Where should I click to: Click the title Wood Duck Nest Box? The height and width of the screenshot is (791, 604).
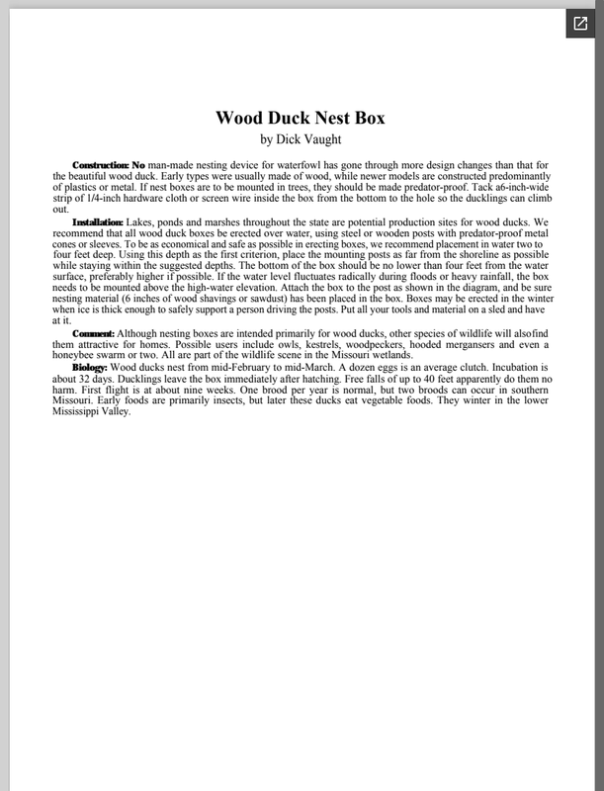pyautogui.click(x=301, y=118)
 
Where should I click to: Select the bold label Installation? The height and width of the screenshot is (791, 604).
pyautogui.click(x=98, y=221)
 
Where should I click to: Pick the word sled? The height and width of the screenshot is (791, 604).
pyautogui.click(x=468, y=310)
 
